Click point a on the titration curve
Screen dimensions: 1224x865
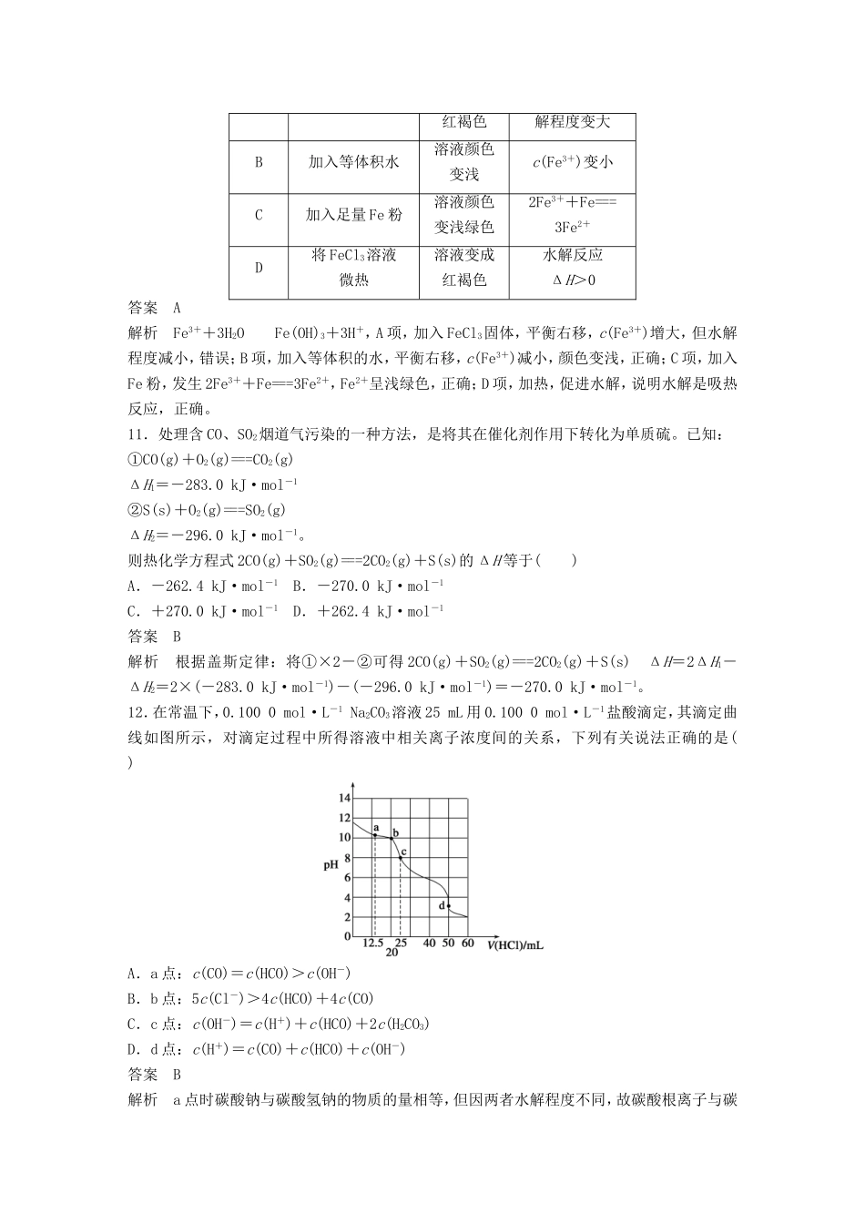pyautogui.click(x=375, y=834)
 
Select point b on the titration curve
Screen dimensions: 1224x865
pyautogui.click(x=392, y=838)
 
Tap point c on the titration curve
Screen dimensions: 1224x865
pyautogui.click(x=400, y=857)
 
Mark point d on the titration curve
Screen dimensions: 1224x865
pyautogui.click(x=448, y=905)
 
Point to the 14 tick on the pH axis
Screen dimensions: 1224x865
pyautogui.click(x=344, y=798)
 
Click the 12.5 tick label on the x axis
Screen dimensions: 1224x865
pyautogui.click(x=372, y=943)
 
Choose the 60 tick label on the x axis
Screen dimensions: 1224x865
pyautogui.click(x=467, y=943)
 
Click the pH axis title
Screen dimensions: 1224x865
pyautogui.click(x=331, y=864)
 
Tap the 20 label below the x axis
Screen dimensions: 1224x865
pyautogui.click(x=392, y=953)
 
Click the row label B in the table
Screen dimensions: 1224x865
pyautogui.click(x=259, y=162)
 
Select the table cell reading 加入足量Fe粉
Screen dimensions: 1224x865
pyautogui.click(x=353, y=215)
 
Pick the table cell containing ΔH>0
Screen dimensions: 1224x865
pyautogui.click(x=573, y=280)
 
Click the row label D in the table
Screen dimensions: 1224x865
pyautogui.click(x=259, y=267)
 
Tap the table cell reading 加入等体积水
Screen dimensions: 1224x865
pyautogui.click(x=353, y=162)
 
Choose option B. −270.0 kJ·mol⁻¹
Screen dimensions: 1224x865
pyautogui.click(x=368, y=586)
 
